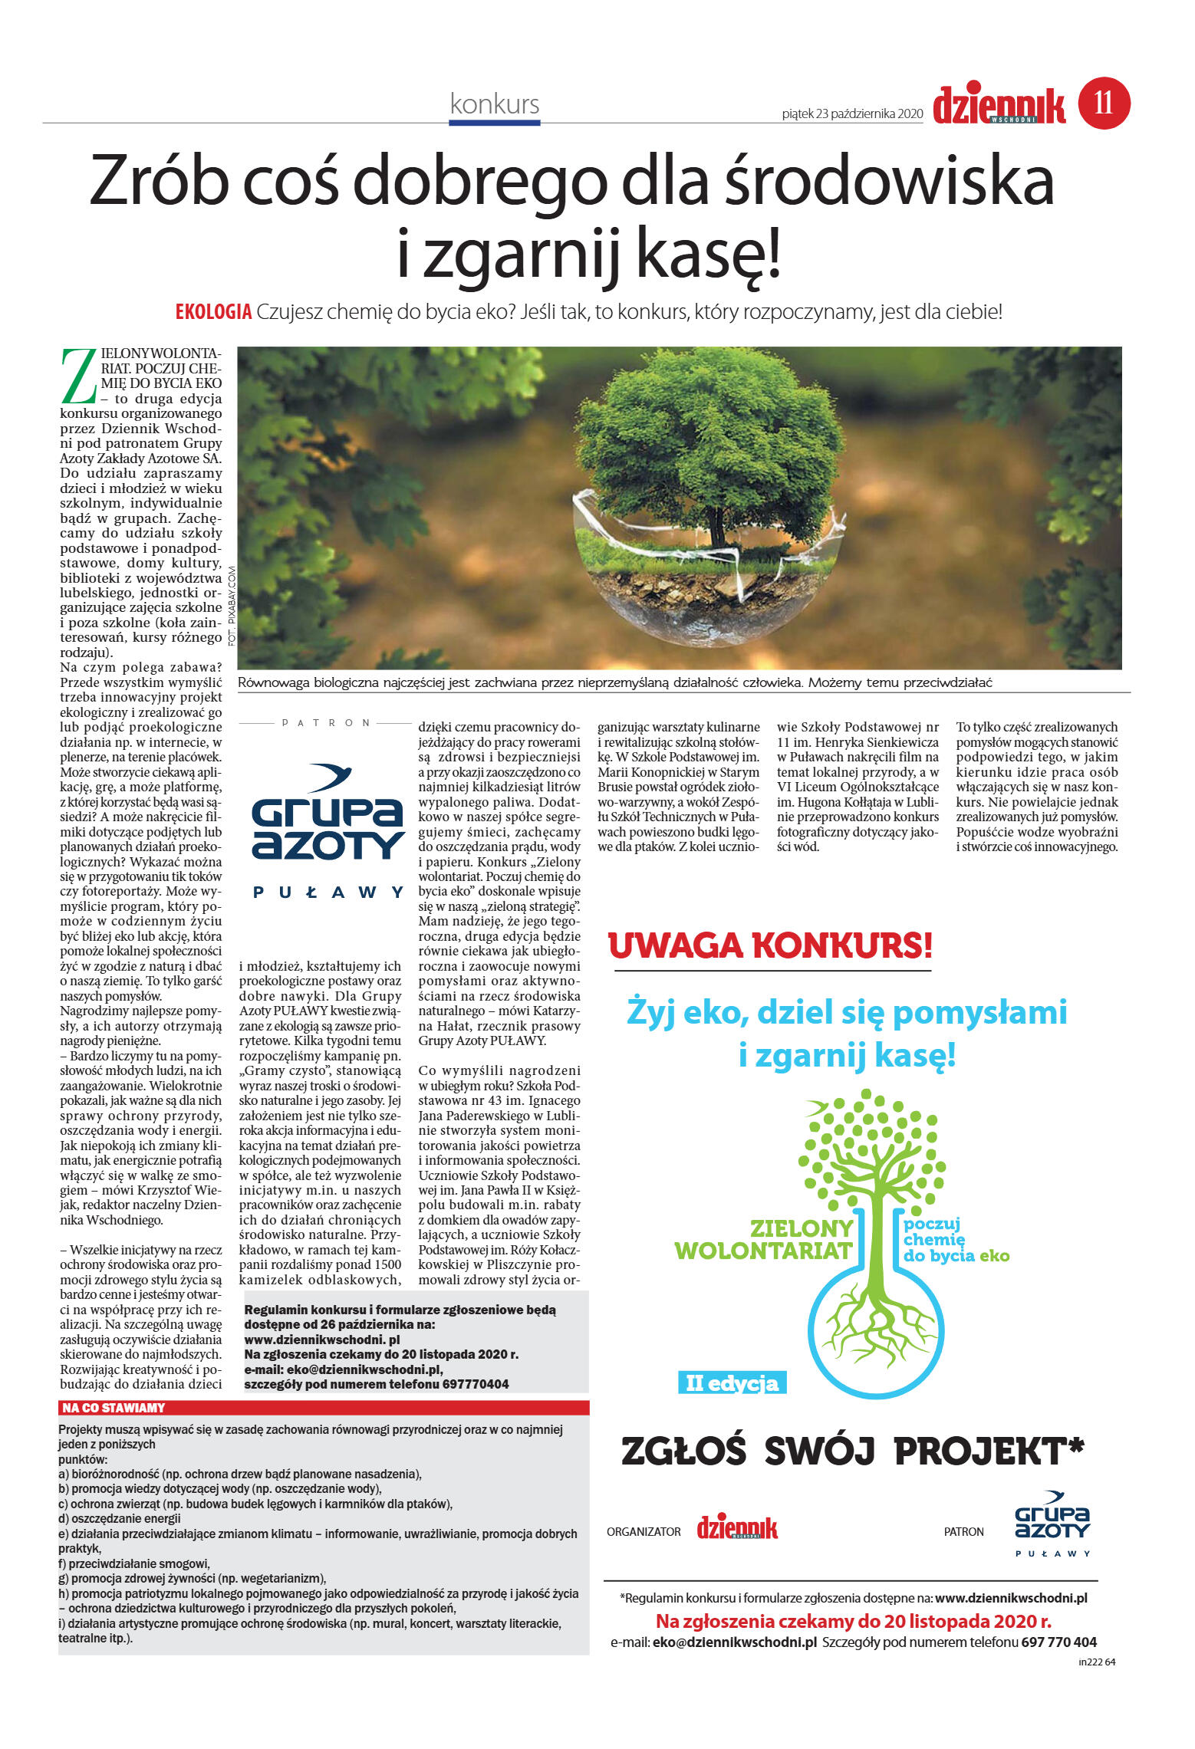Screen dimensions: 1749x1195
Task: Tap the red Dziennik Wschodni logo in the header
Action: pyautogui.click(x=999, y=105)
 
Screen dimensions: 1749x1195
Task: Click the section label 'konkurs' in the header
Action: pyautogui.click(x=495, y=104)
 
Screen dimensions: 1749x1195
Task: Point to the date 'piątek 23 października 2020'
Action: pyautogui.click(x=851, y=113)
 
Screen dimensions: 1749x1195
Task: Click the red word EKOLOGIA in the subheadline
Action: pyautogui.click(x=213, y=312)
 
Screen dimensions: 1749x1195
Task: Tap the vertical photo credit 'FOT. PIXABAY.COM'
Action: pyautogui.click(x=232, y=605)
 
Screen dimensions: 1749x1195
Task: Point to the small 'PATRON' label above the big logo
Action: pyautogui.click(x=327, y=722)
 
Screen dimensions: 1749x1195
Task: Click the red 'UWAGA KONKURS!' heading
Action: pyautogui.click(x=770, y=945)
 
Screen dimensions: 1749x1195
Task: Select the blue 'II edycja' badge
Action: pyautogui.click(x=732, y=1383)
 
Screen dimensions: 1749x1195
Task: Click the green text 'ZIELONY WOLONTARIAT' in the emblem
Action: pyautogui.click(x=763, y=1240)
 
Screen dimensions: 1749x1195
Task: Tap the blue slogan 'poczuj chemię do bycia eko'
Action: pyautogui.click(x=954, y=1240)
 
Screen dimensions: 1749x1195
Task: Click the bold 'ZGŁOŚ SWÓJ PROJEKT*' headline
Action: pyautogui.click(x=851, y=1451)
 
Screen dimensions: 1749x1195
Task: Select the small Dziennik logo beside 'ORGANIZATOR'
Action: pyautogui.click(x=736, y=1529)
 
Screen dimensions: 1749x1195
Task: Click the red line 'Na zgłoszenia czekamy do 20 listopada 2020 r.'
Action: pyautogui.click(x=853, y=1622)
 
